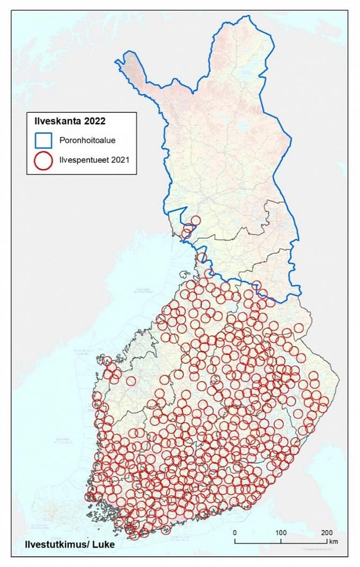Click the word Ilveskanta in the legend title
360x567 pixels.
57,121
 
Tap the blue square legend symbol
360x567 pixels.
43,140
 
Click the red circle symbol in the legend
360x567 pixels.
43,160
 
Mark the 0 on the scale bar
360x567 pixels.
234,533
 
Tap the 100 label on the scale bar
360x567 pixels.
280,533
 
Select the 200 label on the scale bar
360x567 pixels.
326,533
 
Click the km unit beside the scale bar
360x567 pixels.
334,541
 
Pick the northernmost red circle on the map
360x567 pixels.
195,220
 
